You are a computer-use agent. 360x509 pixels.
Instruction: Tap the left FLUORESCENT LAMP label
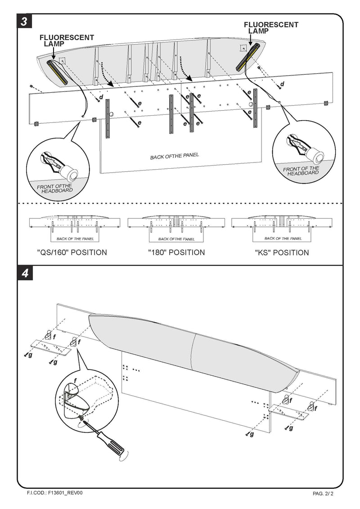67,41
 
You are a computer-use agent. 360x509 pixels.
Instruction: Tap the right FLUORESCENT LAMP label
271,28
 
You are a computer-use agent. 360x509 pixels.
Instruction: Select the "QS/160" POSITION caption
72,252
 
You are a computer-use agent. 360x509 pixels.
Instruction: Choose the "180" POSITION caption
176,252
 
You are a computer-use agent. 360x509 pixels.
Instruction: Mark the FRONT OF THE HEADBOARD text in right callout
301,171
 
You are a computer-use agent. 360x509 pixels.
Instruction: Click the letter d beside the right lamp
282,84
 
